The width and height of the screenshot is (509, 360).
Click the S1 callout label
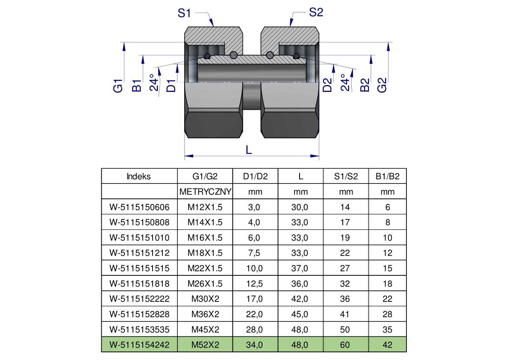(184, 13)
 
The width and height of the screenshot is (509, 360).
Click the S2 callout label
(316, 12)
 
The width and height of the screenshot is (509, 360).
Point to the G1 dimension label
(118, 85)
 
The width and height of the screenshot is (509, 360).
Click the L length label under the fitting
(249, 150)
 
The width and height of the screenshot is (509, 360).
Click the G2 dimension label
(382, 84)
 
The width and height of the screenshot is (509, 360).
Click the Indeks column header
(139, 176)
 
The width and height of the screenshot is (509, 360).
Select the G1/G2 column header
(205, 176)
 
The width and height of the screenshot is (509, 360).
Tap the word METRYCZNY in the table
(205, 192)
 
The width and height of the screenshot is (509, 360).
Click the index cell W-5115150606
(139, 207)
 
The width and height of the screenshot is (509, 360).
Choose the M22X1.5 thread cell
(205, 268)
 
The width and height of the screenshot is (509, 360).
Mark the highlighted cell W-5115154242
(139, 345)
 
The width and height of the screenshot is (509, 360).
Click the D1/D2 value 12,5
(255, 283)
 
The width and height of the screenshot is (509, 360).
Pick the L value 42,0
(300, 299)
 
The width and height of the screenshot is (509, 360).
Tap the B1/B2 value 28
(387, 314)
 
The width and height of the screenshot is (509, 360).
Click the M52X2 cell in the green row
(205, 345)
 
